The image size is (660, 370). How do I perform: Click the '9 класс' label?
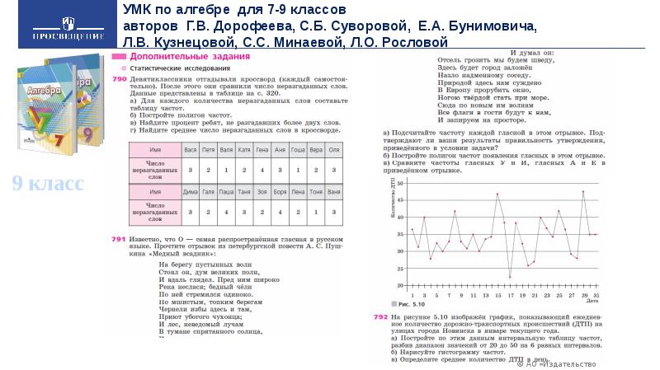point(47,184)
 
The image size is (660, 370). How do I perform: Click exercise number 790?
point(118,77)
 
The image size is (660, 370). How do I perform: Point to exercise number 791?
point(118,237)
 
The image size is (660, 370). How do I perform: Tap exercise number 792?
point(380,316)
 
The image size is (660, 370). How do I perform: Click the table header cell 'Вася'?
point(191,151)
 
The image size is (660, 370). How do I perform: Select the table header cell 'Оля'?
point(334,151)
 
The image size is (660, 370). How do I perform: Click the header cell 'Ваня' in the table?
point(334,190)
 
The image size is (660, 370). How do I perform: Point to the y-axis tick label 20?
point(400,285)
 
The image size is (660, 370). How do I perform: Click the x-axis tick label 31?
point(595,294)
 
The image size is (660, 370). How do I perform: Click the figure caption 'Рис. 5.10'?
point(407,303)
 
